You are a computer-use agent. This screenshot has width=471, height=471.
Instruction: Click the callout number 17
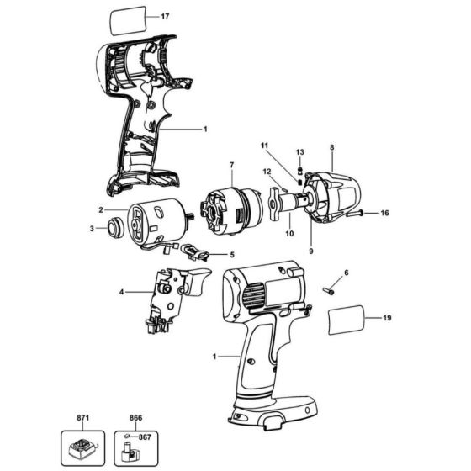(x=165, y=16)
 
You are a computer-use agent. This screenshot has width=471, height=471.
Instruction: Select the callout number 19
(x=387, y=319)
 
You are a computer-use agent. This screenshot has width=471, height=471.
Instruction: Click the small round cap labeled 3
(x=109, y=228)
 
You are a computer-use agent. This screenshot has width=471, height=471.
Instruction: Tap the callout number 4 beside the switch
(x=122, y=292)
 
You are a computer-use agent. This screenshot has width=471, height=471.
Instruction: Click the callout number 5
(x=232, y=256)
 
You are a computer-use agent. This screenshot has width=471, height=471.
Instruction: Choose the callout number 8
(x=331, y=146)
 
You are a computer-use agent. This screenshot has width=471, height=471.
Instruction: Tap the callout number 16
(x=384, y=214)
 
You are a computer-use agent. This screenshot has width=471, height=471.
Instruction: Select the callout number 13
(x=299, y=151)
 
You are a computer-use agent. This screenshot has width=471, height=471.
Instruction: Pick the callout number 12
(x=267, y=172)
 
